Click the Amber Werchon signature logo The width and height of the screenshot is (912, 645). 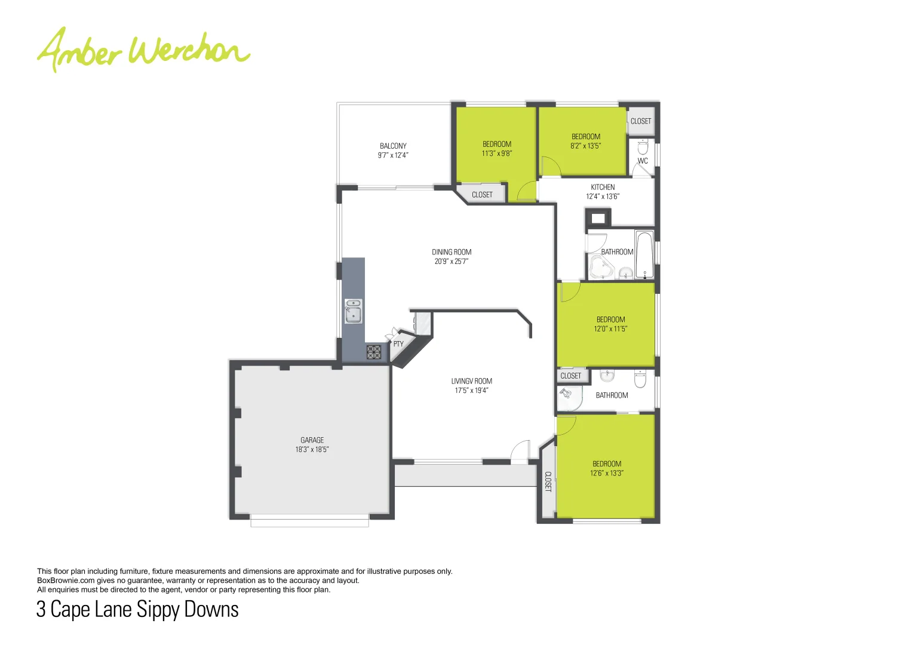tap(143, 49)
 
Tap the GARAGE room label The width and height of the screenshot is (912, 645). tap(312, 440)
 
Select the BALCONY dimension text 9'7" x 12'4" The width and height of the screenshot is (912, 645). tap(393, 155)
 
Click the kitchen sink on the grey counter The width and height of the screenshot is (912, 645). tap(353, 311)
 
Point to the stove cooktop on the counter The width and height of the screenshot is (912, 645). tap(374, 352)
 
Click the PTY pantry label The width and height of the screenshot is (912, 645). tap(398, 344)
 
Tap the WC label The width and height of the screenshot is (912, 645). tap(643, 161)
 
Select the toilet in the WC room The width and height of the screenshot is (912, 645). tap(643, 146)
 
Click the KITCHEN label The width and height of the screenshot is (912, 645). tap(603, 187)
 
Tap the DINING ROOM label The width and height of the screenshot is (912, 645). tap(452, 252)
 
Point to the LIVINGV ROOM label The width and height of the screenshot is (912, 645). tap(471, 381)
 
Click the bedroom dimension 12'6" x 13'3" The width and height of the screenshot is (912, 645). tap(606, 473)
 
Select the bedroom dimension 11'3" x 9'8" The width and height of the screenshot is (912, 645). tap(497, 153)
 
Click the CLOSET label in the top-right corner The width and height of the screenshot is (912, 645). tap(641, 121)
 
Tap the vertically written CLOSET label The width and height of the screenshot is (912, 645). tap(548, 481)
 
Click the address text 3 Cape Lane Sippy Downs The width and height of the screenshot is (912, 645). tap(137, 609)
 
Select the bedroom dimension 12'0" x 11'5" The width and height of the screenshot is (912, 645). tap(610, 329)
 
